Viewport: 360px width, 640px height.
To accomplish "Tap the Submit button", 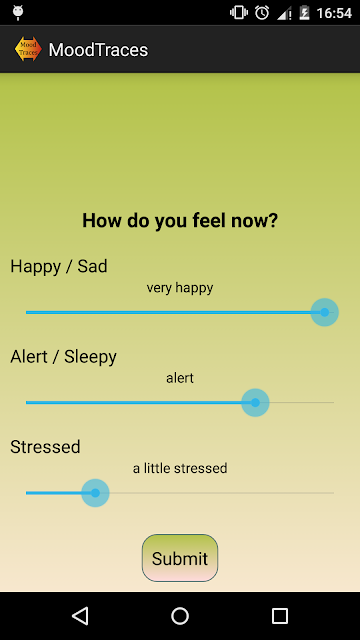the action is click(x=180, y=558).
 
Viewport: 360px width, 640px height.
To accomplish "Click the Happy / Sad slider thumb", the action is click(x=324, y=312).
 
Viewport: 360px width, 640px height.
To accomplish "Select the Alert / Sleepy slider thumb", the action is click(x=255, y=402).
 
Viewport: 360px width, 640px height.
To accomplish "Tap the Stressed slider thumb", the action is click(x=95, y=493).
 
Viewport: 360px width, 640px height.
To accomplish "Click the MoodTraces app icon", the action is click(x=28, y=49).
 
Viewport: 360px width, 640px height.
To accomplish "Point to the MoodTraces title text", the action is click(x=98, y=50).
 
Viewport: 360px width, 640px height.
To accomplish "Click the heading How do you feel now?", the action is click(x=180, y=220).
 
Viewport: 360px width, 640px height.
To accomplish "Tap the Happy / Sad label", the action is click(x=59, y=266).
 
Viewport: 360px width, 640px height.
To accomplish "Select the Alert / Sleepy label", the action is click(x=63, y=357).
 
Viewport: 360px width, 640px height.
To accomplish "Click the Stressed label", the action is click(x=45, y=447).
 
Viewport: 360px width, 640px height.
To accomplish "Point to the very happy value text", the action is click(x=180, y=288).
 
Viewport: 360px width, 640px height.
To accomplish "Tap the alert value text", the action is click(x=180, y=378).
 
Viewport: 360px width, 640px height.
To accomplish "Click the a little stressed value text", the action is click(x=180, y=468).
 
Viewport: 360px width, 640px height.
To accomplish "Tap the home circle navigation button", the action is click(x=180, y=616).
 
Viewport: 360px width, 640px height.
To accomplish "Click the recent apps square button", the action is click(x=280, y=616).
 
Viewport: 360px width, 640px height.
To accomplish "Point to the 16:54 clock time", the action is click(x=334, y=13).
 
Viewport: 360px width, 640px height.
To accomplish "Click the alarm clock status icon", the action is click(x=262, y=13).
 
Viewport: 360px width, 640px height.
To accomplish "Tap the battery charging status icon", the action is click(x=304, y=13).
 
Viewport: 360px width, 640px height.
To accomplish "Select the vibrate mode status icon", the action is click(x=239, y=13).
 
